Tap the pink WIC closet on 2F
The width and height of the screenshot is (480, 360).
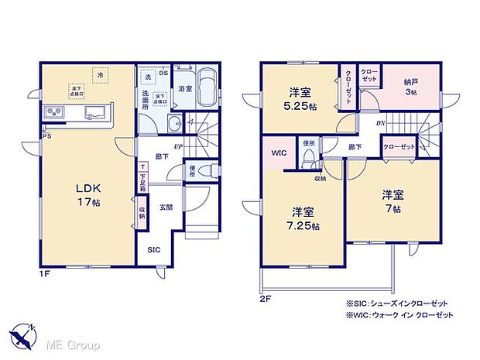click(279, 153)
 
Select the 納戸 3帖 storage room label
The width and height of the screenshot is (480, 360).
click(410, 87)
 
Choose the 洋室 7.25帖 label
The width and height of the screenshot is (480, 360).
click(303, 218)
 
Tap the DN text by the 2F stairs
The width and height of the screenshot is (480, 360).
click(381, 123)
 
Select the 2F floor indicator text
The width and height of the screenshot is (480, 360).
click(266, 296)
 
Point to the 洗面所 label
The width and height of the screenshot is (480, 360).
click(145, 99)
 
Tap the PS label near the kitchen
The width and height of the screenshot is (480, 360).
click(48, 136)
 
